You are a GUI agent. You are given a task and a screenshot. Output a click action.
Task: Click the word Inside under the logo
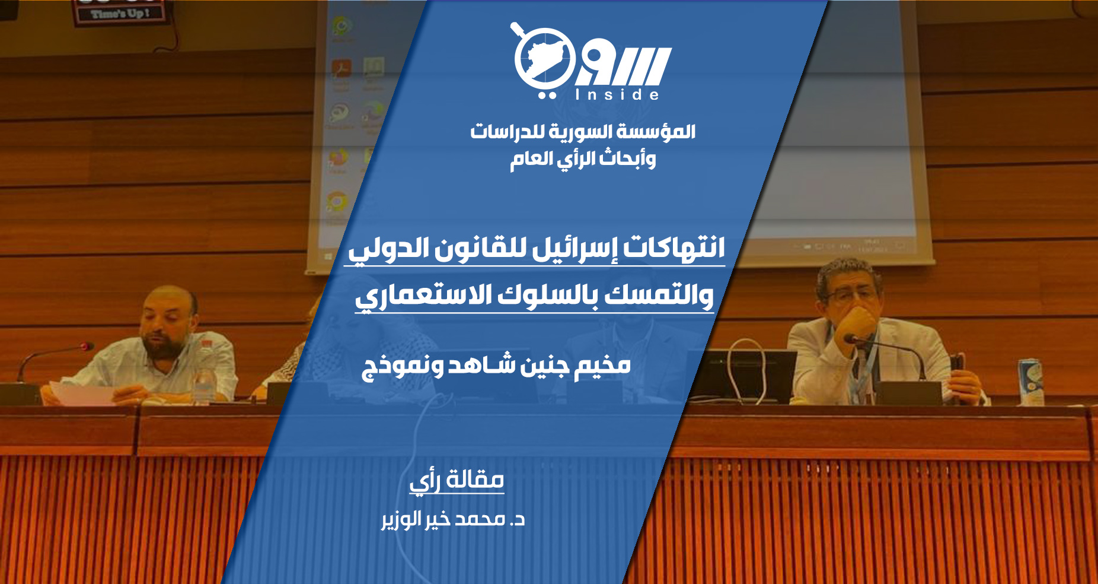tap(617, 94)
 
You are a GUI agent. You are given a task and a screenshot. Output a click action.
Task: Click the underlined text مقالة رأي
tap(457, 480)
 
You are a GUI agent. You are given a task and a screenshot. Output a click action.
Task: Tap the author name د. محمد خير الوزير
tap(453, 520)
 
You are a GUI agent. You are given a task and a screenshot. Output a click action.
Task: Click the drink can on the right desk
tap(1030, 382)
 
